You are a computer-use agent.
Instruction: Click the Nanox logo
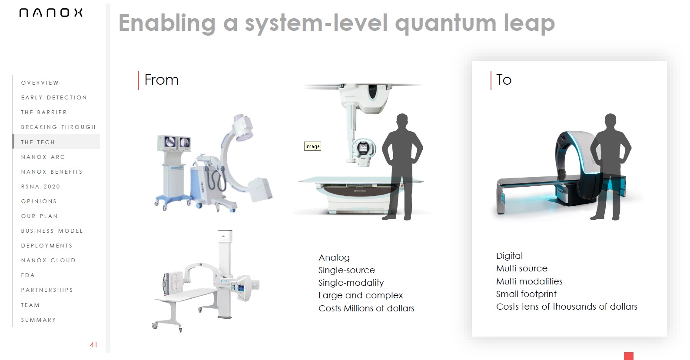(51, 13)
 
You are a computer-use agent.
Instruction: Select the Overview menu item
(40, 83)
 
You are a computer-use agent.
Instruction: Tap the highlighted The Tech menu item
(38, 142)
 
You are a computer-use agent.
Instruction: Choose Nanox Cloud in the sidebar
(48, 261)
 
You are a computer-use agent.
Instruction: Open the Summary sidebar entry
(39, 320)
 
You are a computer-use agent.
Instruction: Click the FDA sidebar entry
(28, 275)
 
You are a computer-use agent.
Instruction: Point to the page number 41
(94, 345)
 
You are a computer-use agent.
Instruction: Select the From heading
(161, 80)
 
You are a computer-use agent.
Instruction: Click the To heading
(504, 80)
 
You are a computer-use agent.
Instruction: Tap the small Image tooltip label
(312, 146)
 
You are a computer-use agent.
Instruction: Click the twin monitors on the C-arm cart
(174, 142)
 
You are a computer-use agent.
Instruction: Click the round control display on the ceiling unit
(364, 148)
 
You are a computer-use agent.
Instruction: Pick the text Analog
(334, 258)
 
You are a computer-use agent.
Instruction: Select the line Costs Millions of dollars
(366, 308)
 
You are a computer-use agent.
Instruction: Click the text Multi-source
(521, 268)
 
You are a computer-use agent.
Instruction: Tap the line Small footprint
(526, 294)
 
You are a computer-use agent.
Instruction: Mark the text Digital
(509, 256)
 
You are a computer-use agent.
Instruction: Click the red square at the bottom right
(629, 356)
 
